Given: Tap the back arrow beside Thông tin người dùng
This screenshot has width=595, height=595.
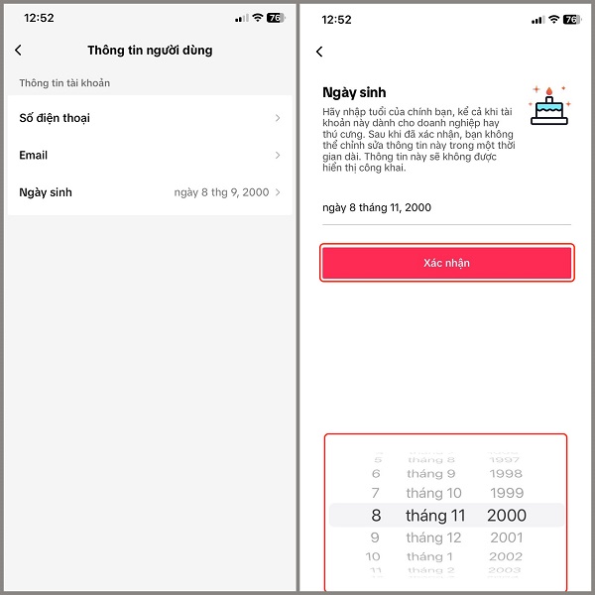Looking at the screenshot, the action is pos(18,51).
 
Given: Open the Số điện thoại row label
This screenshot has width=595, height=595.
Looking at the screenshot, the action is pos(55,118).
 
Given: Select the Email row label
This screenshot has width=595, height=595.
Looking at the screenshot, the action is pos(34,156).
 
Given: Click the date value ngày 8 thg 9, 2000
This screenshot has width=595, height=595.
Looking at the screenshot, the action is pos(221,192).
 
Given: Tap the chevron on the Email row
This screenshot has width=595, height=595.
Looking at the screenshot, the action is pos(278,156).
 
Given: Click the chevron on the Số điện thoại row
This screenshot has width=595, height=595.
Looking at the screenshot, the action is pos(278,118).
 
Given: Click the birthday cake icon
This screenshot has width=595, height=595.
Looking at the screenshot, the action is pos(549,105).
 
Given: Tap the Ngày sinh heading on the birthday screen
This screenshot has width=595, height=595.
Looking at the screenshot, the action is pos(354,92).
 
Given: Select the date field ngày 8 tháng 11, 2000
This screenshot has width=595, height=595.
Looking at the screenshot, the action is pos(377,207).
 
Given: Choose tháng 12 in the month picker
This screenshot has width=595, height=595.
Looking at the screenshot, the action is pos(433,537).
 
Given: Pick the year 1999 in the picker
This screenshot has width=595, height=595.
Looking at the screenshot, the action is pos(507,493).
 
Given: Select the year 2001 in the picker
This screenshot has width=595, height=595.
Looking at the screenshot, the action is pos(507,537).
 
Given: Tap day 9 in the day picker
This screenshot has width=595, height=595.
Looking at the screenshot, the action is pos(375,537).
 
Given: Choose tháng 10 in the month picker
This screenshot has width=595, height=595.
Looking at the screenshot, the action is pos(433,493).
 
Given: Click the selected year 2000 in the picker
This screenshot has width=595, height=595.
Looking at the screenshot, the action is pos(507,516).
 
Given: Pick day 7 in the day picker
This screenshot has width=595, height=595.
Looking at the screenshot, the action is pos(375,493).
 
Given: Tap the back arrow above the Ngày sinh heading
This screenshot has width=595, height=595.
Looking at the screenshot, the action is pos(319,52).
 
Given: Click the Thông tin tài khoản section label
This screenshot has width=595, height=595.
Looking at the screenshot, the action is pos(64,83).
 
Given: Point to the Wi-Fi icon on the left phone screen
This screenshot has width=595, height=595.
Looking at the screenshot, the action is pos(258,18).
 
